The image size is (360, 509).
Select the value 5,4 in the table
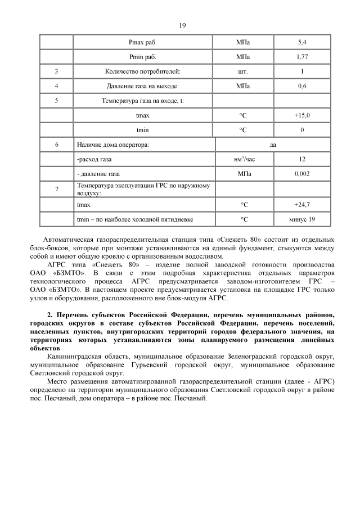click(302, 42)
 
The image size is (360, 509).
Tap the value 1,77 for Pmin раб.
click(302, 57)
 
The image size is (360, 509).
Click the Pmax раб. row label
click(143, 42)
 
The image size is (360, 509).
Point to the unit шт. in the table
click(243, 71)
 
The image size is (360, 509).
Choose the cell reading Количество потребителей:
click(143, 71)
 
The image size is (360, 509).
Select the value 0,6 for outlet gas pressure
click(302, 86)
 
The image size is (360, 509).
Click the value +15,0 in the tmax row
click(302, 115)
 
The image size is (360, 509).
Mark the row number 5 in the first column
click(57, 101)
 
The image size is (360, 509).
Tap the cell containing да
click(273, 145)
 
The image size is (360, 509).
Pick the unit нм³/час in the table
click(244, 160)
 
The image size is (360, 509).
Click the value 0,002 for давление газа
click(302, 174)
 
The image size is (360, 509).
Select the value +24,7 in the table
click(302, 205)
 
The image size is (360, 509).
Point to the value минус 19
click(302, 219)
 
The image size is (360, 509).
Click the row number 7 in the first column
click(57, 189)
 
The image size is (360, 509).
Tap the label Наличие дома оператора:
click(112, 145)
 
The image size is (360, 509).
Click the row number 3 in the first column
click(57, 71)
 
